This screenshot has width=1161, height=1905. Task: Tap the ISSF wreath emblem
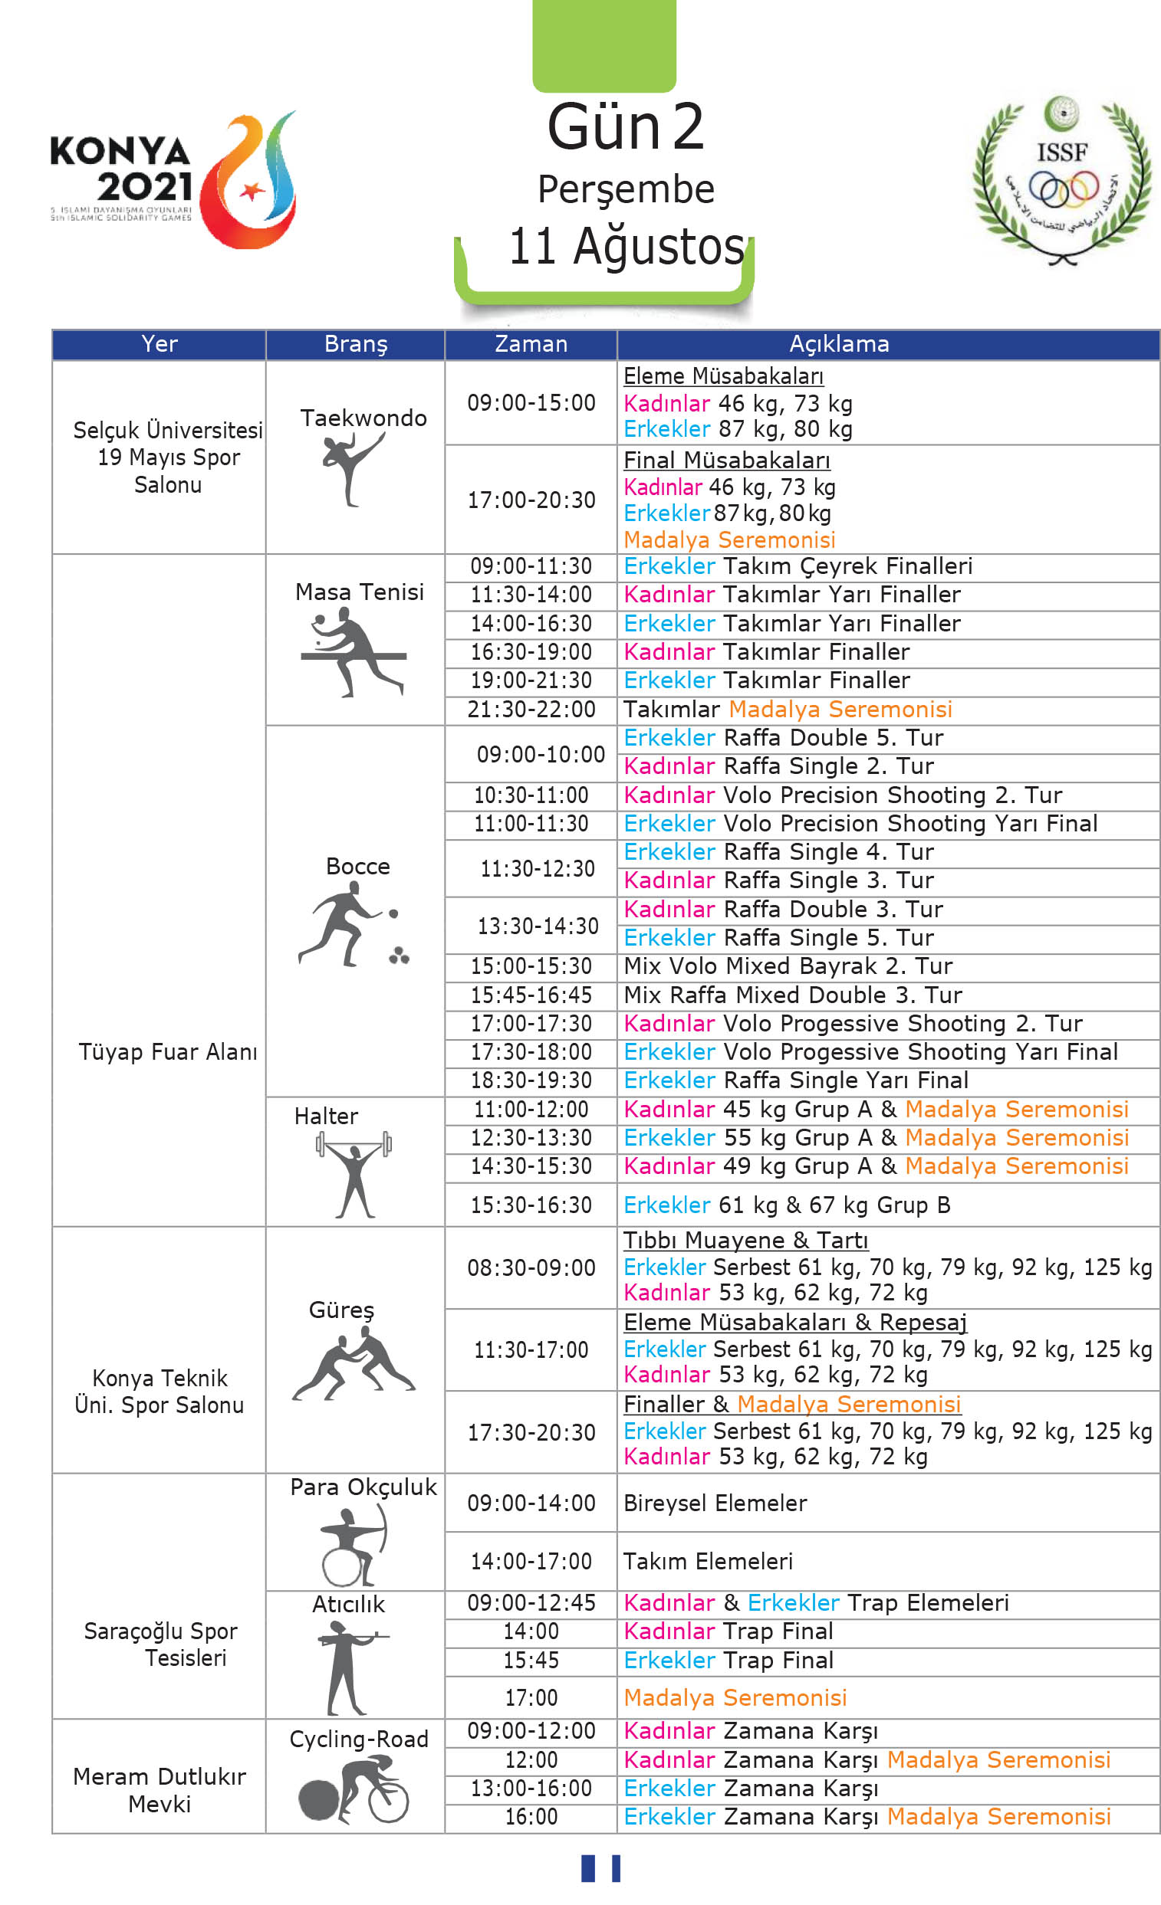(1061, 182)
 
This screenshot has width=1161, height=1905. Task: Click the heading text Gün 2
(626, 126)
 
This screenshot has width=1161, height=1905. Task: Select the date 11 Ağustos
(626, 248)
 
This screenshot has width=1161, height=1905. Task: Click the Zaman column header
(531, 344)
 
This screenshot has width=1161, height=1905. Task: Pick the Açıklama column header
(838, 344)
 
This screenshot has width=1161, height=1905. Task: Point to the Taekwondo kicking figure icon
(352, 467)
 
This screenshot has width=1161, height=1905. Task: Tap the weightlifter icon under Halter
(354, 1173)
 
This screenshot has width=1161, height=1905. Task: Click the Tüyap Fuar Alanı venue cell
(167, 1051)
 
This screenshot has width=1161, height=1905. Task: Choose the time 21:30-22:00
(531, 709)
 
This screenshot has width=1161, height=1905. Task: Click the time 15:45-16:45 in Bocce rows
(531, 995)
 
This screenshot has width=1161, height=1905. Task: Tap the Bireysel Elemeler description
(715, 1503)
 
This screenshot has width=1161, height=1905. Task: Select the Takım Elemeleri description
(708, 1561)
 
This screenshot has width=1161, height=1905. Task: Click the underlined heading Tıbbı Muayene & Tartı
(745, 1240)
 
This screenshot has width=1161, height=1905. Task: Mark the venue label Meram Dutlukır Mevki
(160, 1790)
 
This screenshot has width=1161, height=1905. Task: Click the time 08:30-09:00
(531, 1268)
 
